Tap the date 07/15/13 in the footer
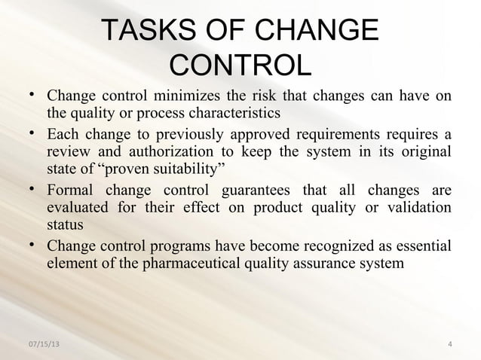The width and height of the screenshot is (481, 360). coord(44,345)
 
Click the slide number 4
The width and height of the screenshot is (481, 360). coord(449,345)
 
